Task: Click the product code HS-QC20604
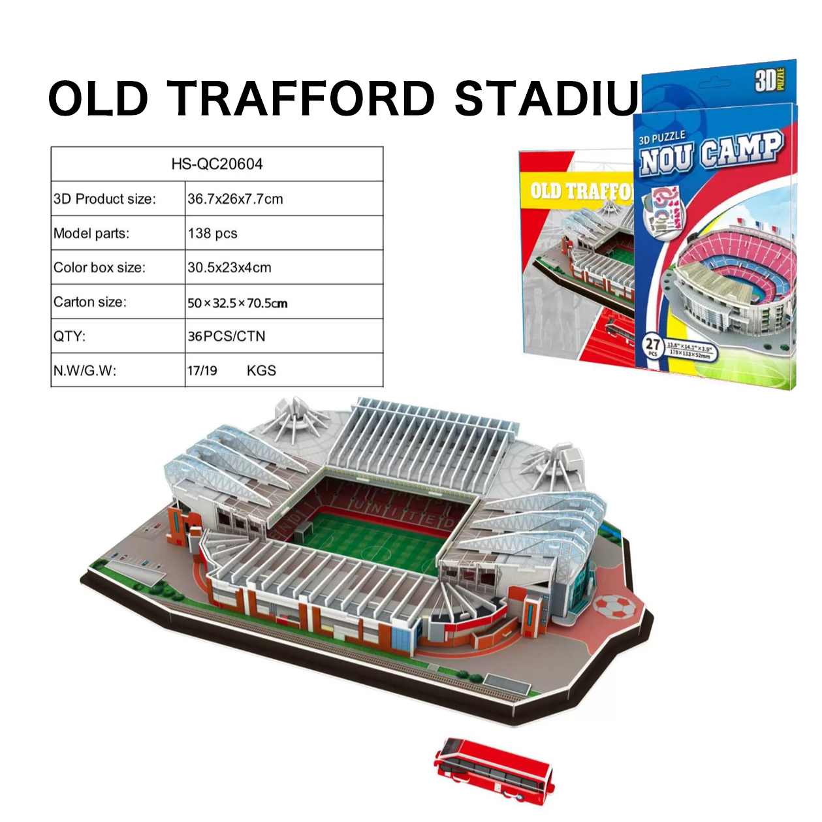click(x=217, y=164)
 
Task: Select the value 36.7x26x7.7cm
click(x=235, y=199)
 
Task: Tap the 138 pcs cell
click(x=212, y=234)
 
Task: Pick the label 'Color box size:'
click(x=99, y=268)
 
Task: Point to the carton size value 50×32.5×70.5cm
click(x=237, y=303)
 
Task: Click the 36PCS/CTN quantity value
click(x=226, y=336)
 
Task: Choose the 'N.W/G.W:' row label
click(x=85, y=371)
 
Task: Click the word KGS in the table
click(x=261, y=371)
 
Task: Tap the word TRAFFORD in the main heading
click(x=301, y=99)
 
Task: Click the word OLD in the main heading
click(x=99, y=99)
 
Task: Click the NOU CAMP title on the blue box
click(x=710, y=153)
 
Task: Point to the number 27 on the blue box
click(x=652, y=344)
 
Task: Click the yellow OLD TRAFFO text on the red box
click(x=580, y=191)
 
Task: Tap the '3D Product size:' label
click(x=104, y=199)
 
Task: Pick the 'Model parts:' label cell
click(x=91, y=234)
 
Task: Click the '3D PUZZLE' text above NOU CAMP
click(x=661, y=137)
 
